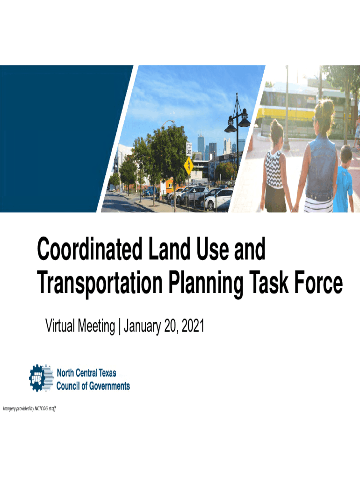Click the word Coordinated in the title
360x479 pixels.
(x=89, y=249)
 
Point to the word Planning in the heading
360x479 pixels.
(x=206, y=284)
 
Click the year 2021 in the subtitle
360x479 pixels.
(x=193, y=326)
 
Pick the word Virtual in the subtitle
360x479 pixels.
(x=60, y=326)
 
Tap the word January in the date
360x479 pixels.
(x=142, y=327)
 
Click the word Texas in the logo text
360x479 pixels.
(x=107, y=373)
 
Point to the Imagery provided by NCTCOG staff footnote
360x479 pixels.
(x=29, y=408)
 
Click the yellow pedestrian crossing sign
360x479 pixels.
(x=188, y=166)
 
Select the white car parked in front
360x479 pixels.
(x=219, y=199)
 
